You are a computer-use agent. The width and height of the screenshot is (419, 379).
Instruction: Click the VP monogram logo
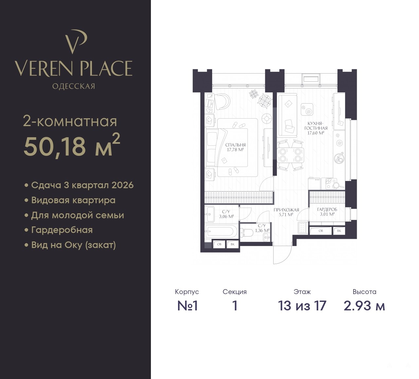pyautogui.click(x=76, y=41)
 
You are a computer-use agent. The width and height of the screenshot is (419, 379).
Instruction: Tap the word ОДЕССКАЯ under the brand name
pyautogui.click(x=74, y=86)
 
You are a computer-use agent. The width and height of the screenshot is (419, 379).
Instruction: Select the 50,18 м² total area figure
pyautogui.click(x=72, y=145)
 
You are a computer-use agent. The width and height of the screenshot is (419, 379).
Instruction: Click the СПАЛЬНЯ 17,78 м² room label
pyautogui.click(x=235, y=147)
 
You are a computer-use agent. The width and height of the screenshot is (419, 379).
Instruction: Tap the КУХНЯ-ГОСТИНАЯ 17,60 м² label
pyautogui.click(x=316, y=128)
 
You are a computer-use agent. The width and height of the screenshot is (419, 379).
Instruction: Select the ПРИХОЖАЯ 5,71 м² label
pyautogui.click(x=286, y=212)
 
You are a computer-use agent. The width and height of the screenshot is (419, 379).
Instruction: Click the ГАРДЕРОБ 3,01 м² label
pyautogui.click(x=327, y=212)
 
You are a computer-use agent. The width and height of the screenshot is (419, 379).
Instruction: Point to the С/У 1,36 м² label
pyautogui.click(x=262, y=228)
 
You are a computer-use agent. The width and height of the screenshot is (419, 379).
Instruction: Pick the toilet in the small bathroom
pyautogui.click(x=247, y=233)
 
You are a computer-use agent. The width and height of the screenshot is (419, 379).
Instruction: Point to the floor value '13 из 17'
pyautogui.click(x=302, y=306)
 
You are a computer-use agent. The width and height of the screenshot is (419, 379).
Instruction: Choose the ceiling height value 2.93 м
pyautogui.click(x=364, y=306)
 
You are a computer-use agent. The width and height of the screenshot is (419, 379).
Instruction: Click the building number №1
pyautogui.click(x=187, y=306)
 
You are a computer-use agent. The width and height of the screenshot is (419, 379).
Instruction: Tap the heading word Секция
pyautogui.click(x=235, y=292)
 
